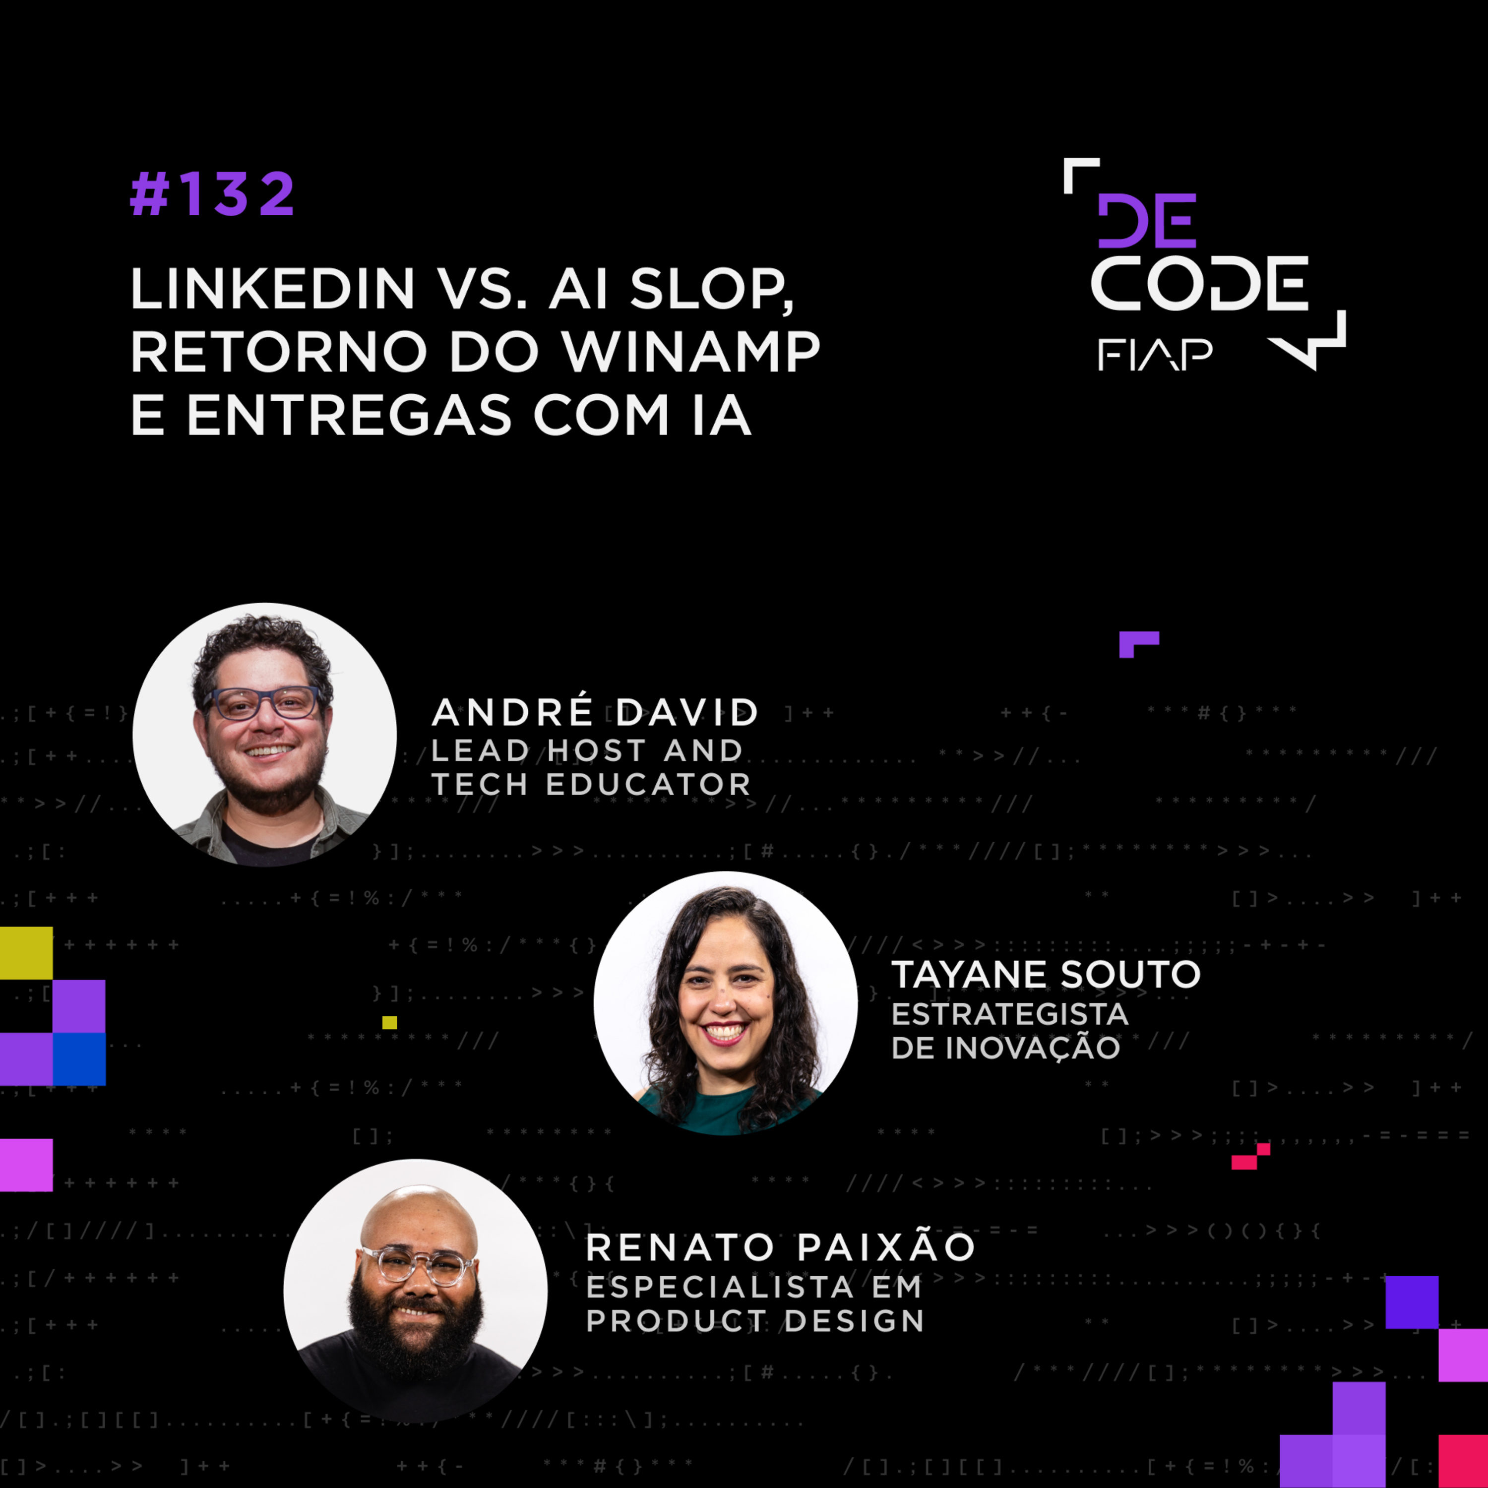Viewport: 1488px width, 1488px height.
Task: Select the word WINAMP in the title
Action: coord(691,352)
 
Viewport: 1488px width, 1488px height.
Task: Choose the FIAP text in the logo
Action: coord(1155,354)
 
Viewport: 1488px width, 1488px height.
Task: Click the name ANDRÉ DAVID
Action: coord(595,712)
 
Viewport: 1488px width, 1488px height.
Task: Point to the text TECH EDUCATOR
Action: coord(591,784)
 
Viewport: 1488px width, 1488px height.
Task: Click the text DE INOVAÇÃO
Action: coord(1005,1048)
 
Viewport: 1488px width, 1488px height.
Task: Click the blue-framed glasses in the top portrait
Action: coord(263,702)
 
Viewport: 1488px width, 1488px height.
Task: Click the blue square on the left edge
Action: coord(79,1058)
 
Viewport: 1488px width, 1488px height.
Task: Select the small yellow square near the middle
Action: coord(390,1022)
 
